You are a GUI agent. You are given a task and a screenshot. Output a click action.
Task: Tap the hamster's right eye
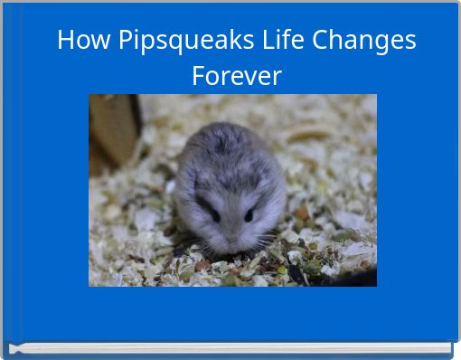[x=249, y=215]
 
